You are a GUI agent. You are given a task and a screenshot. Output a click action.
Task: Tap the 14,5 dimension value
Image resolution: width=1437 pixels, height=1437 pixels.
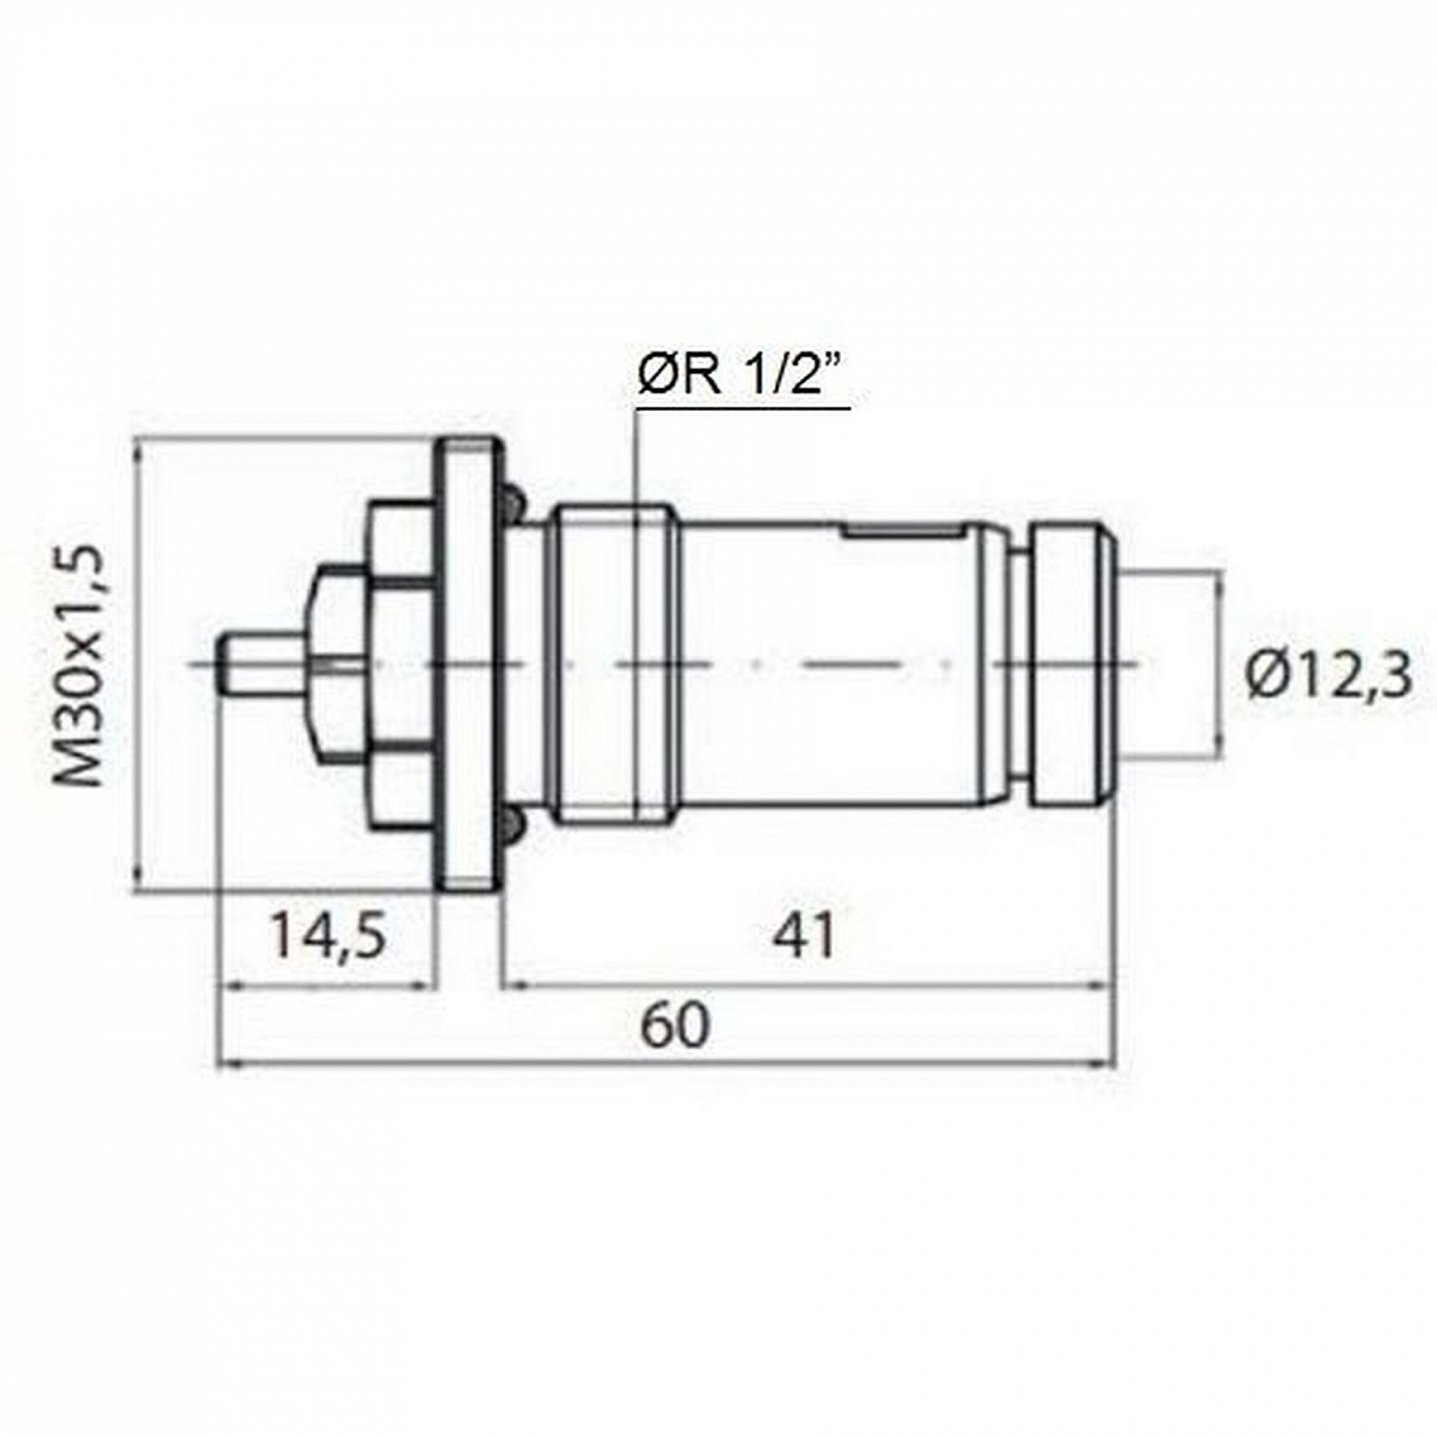click(x=329, y=935)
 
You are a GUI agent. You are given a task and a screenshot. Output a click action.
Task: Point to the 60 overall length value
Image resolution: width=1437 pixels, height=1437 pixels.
click(x=675, y=1025)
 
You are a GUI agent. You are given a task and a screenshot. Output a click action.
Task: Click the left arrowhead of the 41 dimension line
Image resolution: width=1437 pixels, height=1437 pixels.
click(x=512, y=983)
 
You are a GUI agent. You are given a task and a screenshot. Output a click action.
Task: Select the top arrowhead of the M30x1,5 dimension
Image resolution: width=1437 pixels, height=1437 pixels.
click(x=141, y=446)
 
